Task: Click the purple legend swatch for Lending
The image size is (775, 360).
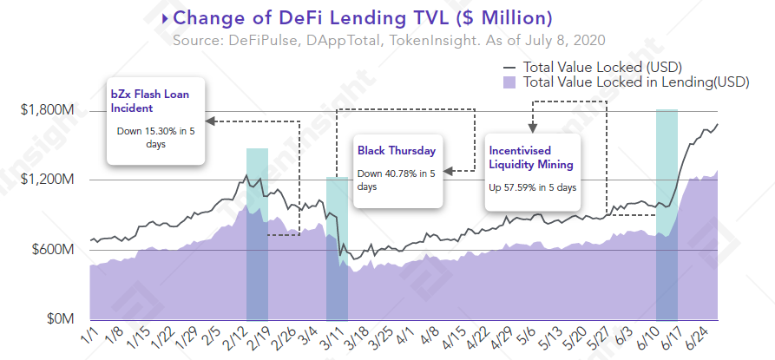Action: tap(509, 82)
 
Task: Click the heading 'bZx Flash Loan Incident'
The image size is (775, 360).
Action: tap(144, 101)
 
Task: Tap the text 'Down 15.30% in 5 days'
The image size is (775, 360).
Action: tap(155, 138)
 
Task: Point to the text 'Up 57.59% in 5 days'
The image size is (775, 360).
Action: tap(532, 187)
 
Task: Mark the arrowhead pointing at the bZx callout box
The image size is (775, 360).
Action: tap(212, 121)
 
